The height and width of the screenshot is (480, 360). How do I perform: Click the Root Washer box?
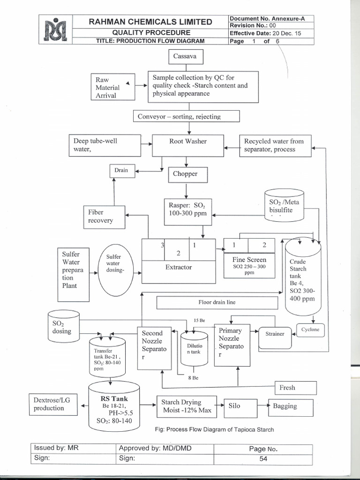[187, 145]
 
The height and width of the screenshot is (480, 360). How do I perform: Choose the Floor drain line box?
[217, 302]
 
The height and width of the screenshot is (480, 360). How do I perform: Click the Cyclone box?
[310, 330]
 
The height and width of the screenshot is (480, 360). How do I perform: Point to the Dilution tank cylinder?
[194, 348]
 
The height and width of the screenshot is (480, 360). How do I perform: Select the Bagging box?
[289, 406]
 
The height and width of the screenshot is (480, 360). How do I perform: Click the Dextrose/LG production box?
[55, 405]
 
